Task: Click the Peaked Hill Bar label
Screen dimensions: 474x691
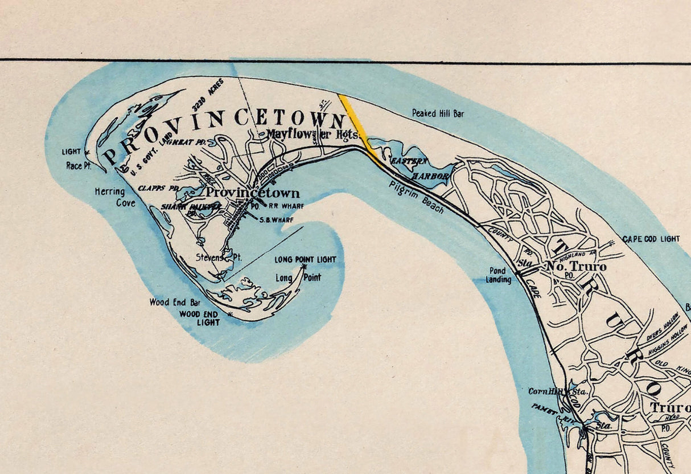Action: tap(438, 114)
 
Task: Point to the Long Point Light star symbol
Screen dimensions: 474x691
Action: tap(305, 267)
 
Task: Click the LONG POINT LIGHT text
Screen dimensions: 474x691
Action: tap(305, 259)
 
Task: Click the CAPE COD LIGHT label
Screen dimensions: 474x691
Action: tap(651, 239)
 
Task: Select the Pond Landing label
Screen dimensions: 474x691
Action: tap(498, 276)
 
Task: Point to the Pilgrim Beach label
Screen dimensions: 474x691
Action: tap(417, 197)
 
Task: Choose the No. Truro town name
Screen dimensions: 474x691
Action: tap(576, 267)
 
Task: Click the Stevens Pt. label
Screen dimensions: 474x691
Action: tap(219, 258)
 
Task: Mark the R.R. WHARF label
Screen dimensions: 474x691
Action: tap(286, 206)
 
